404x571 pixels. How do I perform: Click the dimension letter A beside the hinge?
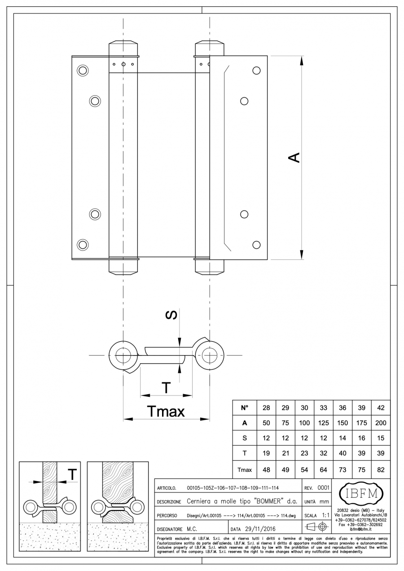click(x=294, y=158)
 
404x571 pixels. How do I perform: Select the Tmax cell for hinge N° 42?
click(x=381, y=470)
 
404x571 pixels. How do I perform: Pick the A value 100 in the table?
click(x=304, y=423)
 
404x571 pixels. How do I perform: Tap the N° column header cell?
click(x=245, y=408)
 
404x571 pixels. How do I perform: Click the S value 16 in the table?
click(x=361, y=438)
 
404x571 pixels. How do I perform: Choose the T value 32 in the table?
click(x=323, y=453)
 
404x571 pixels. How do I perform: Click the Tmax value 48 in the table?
click(x=266, y=470)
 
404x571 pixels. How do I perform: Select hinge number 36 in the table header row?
click(x=343, y=408)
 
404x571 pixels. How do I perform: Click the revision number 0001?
click(x=324, y=488)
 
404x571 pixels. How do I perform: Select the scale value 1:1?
click(x=326, y=515)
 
